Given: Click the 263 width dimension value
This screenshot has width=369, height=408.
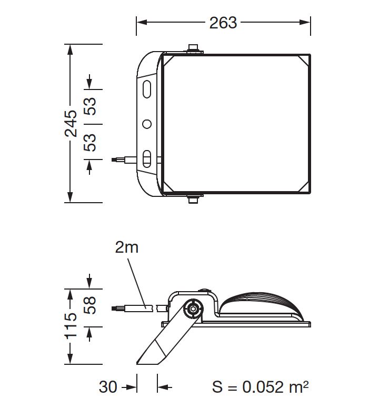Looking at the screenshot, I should coord(223,22).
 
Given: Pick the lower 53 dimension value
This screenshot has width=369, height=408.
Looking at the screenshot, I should coord(91,142).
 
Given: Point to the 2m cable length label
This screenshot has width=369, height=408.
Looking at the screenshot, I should coord(126,247).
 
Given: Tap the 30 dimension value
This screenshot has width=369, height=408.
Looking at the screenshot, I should coord(108,387).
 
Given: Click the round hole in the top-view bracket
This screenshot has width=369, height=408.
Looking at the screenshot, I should coord(147,124).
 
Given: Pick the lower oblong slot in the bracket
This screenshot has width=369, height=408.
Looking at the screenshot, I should coord(147,158).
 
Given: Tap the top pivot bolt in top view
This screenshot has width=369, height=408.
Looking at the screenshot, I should coord(194,49).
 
